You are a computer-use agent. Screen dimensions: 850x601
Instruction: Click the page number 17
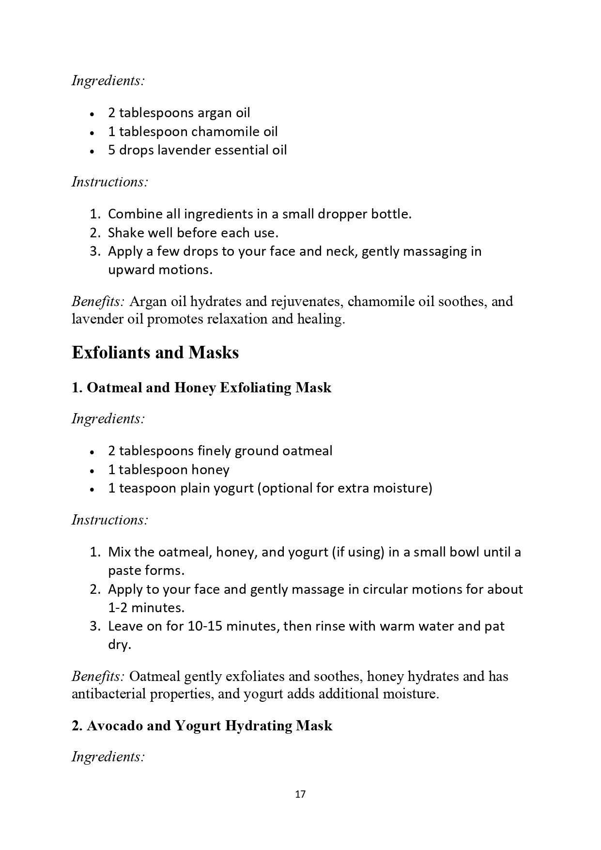pos(300,794)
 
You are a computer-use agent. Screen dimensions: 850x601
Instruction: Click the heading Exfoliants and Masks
pos(155,353)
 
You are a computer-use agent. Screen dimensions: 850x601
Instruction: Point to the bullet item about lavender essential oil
pos(197,150)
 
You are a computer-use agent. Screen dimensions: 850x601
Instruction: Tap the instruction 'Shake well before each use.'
pos(193,233)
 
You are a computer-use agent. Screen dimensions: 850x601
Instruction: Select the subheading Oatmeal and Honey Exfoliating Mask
pos(201,387)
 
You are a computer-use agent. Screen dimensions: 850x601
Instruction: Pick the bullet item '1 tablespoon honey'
pos(169,470)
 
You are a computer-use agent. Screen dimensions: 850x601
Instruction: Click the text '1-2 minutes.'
pos(146,608)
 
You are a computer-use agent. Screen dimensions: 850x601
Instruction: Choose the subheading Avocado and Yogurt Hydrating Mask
pos(202,726)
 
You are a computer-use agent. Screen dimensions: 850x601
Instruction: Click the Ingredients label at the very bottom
pos(108,757)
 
